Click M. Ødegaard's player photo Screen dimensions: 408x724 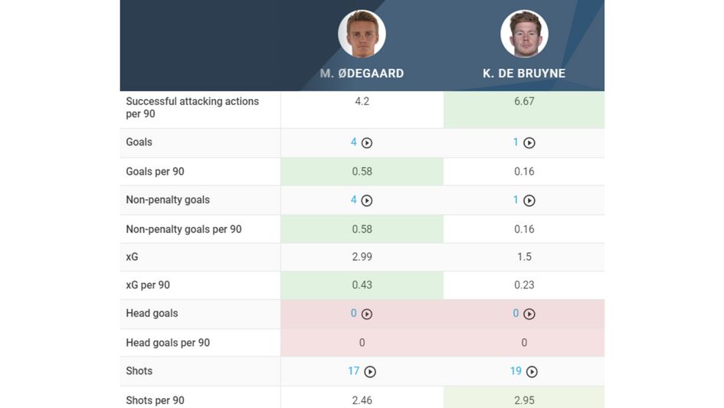362,34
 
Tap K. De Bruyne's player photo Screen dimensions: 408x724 524,34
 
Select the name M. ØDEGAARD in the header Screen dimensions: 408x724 362,74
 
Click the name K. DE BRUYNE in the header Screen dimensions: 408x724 524,74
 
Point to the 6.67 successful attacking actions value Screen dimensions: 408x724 524,101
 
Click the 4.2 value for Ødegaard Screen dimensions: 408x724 362,101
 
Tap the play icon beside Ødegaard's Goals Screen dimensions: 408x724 367,143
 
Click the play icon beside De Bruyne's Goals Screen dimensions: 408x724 529,143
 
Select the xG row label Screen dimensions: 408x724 132,257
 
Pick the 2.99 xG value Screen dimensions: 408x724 362,257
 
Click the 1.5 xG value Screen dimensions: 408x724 524,257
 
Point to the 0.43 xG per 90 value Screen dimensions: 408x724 362,285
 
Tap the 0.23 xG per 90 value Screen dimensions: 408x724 524,285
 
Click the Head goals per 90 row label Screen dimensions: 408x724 167,343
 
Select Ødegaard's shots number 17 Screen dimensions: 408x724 353,371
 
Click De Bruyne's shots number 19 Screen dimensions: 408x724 516,371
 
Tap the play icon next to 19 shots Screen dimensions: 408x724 532,372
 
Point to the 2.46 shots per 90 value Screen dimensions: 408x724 362,400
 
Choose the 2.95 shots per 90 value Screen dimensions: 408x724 524,400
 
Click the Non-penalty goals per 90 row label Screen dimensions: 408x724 183,229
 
